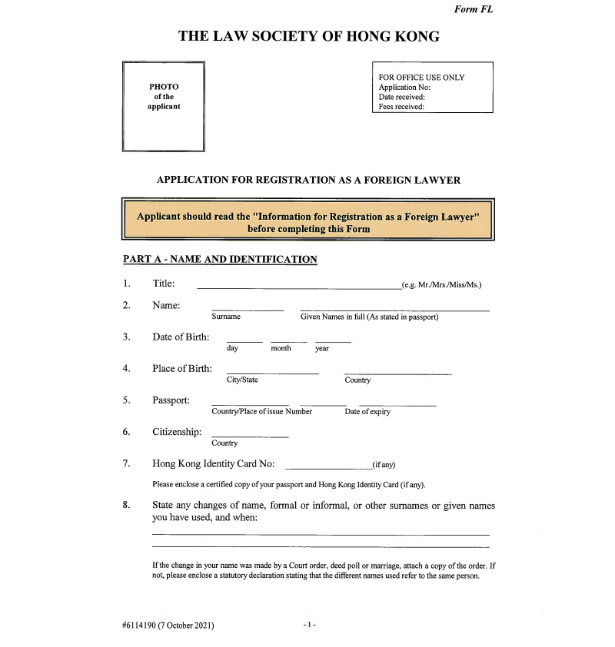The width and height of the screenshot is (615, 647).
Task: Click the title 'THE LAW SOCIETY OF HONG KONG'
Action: [x=308, y=36]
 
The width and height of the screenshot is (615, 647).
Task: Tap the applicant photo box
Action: [x=163, y=106]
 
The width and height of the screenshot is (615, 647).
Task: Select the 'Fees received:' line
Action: [x=402, y=108]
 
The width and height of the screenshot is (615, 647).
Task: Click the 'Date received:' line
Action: [x=402, y=98]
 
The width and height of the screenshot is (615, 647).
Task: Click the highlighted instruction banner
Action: [x=308, y=222]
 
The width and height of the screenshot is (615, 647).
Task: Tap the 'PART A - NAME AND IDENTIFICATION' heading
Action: [x=220, y=260]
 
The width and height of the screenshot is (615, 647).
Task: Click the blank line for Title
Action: [x=298, y=287]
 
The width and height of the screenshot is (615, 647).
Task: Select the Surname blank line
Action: [x=248, y=309]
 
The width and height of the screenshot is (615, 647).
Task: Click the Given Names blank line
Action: [x=394, y=309]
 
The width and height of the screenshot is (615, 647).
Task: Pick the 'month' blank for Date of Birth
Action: [x=288, y=340]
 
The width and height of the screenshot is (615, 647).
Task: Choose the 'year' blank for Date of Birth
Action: [x=333, y=340]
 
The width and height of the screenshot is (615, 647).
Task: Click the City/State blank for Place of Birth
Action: [x=272, y=373]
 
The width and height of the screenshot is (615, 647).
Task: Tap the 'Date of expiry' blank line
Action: [x=397, y=404]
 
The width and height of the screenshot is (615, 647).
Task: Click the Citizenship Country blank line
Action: [x=250, y=436]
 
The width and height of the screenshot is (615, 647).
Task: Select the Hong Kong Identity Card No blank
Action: [x=328, y=467]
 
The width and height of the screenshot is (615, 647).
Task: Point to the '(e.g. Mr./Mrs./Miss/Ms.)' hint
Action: [x=442, y=286]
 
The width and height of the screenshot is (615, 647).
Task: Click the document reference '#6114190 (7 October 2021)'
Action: [x=168, y=625]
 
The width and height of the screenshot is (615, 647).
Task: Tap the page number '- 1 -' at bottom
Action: [x=309, y=625]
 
